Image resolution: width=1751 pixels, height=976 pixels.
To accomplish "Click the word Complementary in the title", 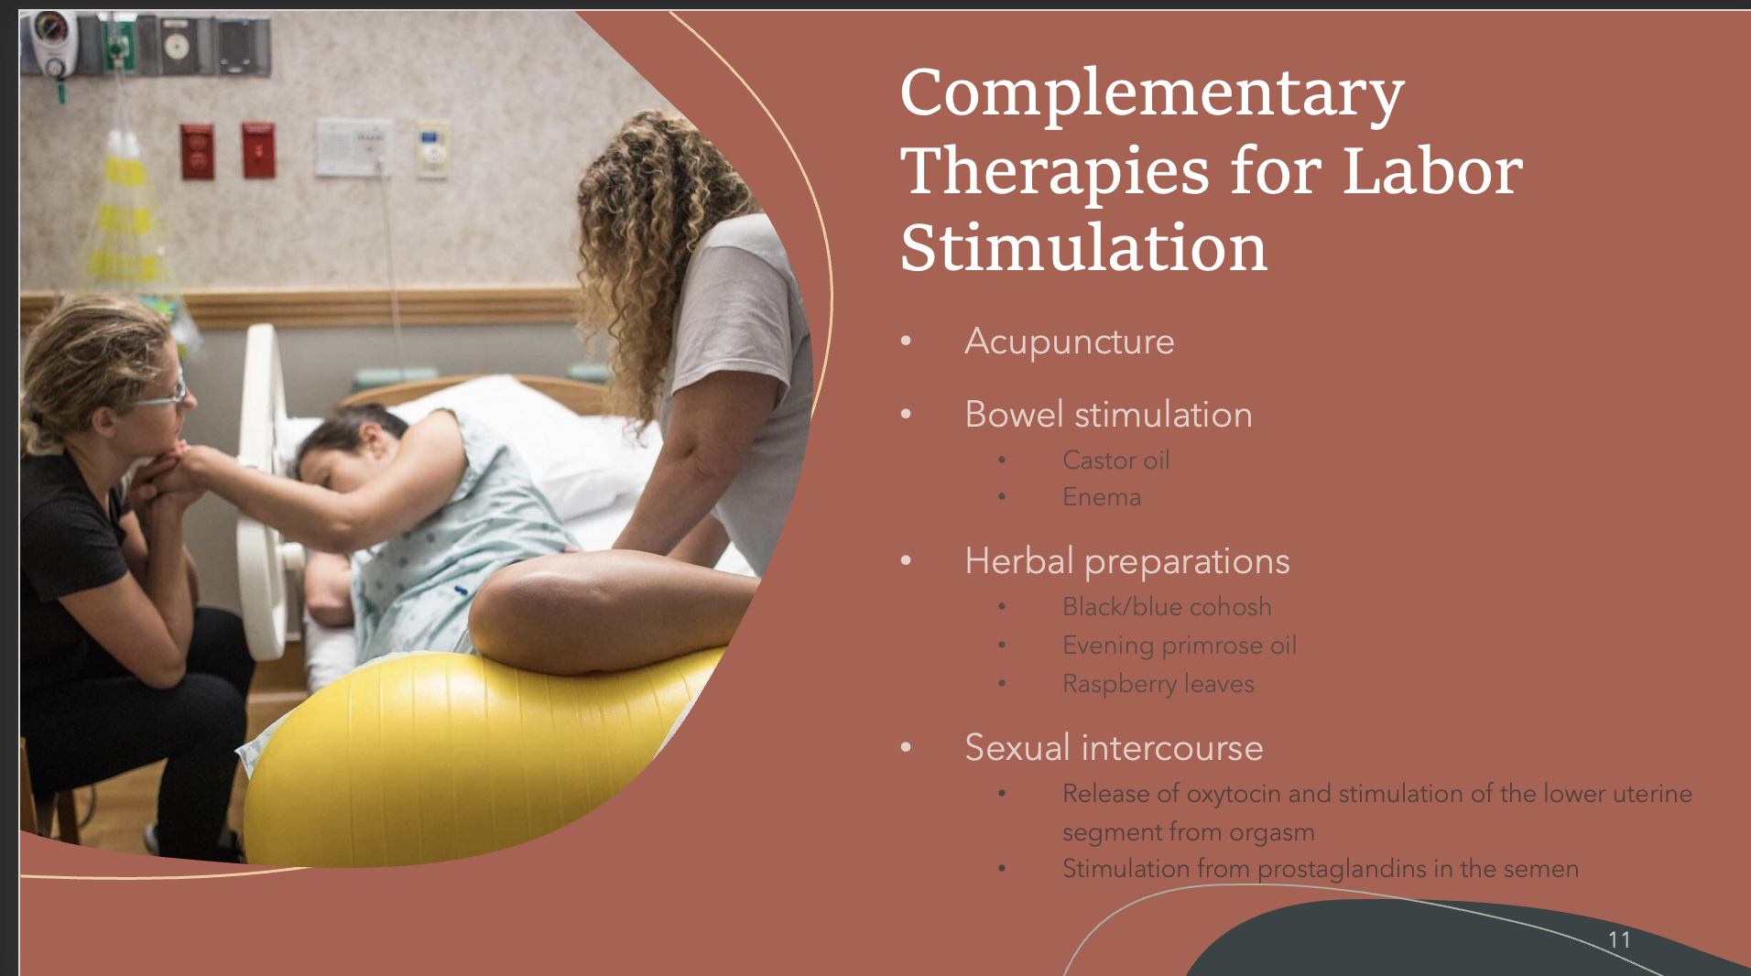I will [1151, 94].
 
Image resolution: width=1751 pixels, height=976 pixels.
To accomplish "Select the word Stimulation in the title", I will [1083, 249].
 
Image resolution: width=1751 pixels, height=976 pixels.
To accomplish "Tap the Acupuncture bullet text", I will [1069, 342].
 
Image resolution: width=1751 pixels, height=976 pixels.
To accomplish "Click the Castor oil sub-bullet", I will [1115, 461].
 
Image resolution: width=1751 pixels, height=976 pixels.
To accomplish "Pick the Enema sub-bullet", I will [1101, 497].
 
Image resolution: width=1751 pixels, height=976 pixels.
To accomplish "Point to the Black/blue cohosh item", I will [1166, 607].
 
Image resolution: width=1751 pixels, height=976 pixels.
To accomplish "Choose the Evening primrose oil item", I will [1179, 645].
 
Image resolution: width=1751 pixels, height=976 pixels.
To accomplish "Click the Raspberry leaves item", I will [1158, 684].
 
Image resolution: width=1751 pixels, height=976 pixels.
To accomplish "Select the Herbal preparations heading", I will [1126, 561].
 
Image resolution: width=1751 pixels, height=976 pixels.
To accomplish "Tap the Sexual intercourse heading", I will [1114, 748].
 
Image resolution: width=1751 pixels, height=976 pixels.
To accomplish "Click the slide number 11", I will [1618, 939].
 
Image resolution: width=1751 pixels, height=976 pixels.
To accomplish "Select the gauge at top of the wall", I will [50, 27].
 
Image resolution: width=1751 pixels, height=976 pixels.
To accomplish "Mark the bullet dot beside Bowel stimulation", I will [906, 415].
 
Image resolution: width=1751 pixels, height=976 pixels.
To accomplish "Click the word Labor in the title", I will [1431, 172].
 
